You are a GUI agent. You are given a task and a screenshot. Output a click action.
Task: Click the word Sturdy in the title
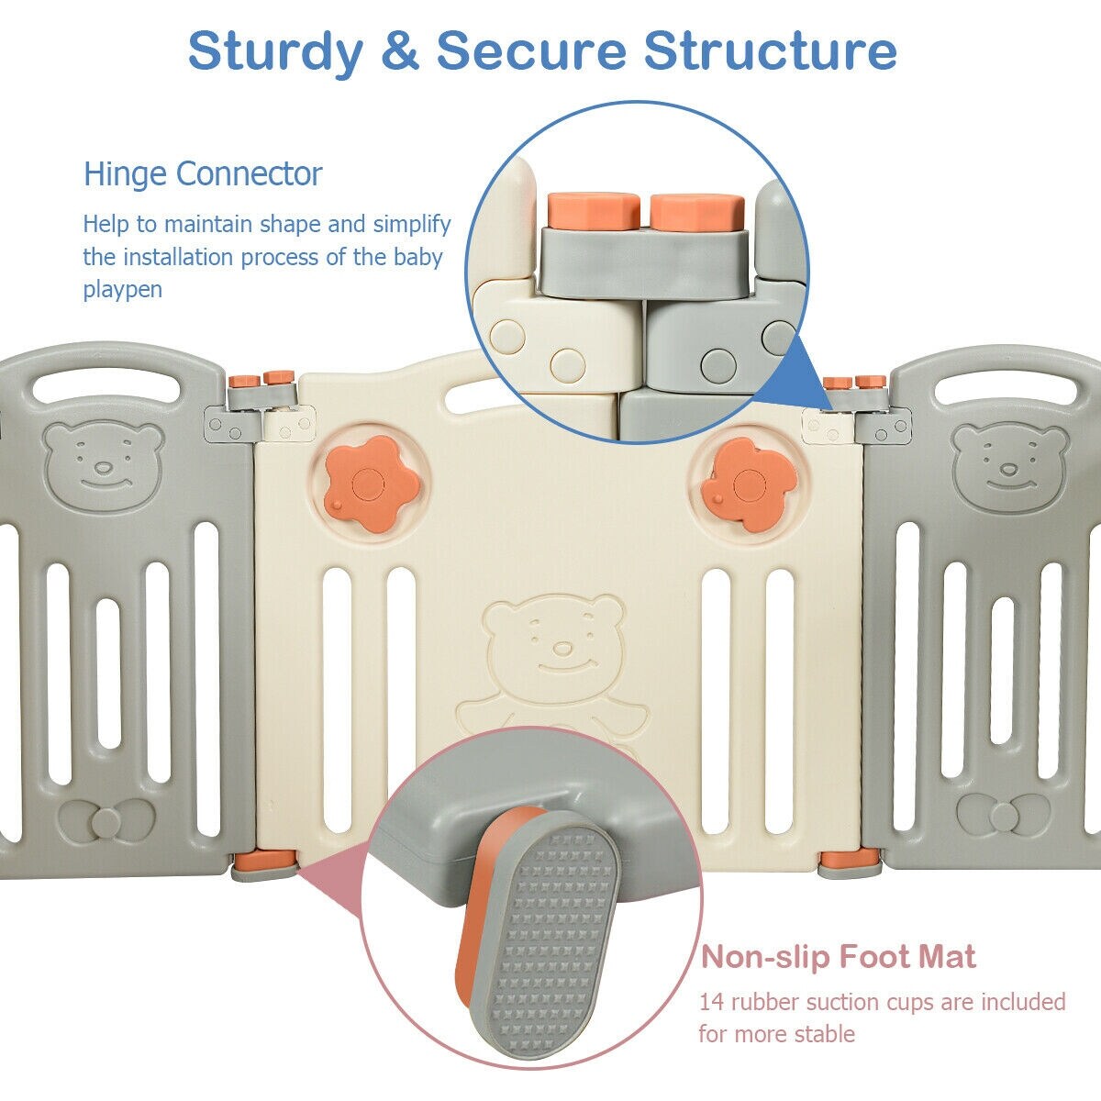275,52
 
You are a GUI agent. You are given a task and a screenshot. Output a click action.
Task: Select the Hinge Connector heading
203,174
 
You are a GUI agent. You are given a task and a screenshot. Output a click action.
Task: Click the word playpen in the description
123,290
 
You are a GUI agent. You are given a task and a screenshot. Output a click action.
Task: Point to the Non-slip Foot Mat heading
839,958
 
